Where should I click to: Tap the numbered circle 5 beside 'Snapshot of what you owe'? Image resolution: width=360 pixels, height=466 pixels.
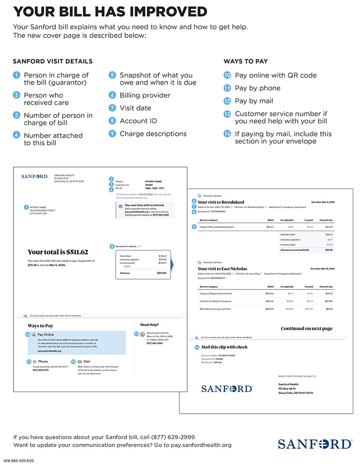pos(112,75)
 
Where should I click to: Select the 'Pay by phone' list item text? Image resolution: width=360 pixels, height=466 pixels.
pos(257,88)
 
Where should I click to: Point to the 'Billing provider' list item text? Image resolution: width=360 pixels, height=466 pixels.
pos(145,95)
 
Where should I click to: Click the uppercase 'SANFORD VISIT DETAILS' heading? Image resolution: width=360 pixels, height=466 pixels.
pos(53,61)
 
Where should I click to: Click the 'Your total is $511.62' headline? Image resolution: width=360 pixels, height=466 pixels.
pos(58,252)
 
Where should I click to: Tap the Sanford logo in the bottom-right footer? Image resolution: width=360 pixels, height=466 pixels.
pos(315,444)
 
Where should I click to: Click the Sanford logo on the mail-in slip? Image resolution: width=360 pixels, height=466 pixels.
pos(227,389)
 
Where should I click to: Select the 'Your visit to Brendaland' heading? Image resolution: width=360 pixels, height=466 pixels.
pos(221,202)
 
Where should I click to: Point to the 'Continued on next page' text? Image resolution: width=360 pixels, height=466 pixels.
pos(306,329)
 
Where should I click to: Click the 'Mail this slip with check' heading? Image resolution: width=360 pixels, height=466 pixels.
pos(224,347)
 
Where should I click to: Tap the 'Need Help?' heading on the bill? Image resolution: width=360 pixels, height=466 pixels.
pos(150,325)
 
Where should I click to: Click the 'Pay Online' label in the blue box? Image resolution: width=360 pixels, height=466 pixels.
pos(45,335)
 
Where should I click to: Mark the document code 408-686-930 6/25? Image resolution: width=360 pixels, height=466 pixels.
pos(18,461)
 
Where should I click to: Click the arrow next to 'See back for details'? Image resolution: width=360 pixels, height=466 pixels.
pos(139,246)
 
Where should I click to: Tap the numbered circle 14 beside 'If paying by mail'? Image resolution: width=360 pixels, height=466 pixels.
pos(228,134)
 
